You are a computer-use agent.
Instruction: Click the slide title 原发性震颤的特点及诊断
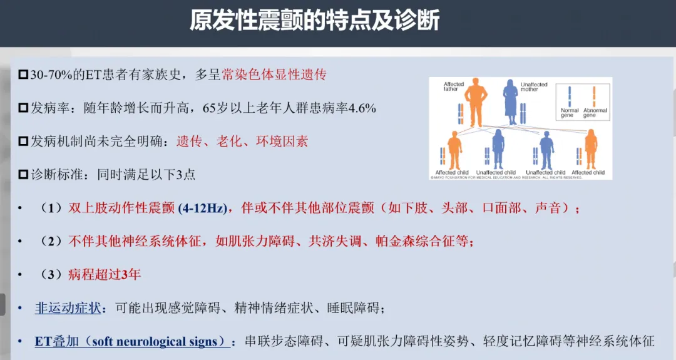pos(315,21)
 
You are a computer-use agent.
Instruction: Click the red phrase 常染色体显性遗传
pos(274,75)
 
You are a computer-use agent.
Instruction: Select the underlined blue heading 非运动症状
pos(67,308)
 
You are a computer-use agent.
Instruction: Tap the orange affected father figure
pos(474,100)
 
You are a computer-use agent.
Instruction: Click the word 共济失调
pos(333,242)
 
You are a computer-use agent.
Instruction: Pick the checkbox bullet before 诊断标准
pos(24,175)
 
